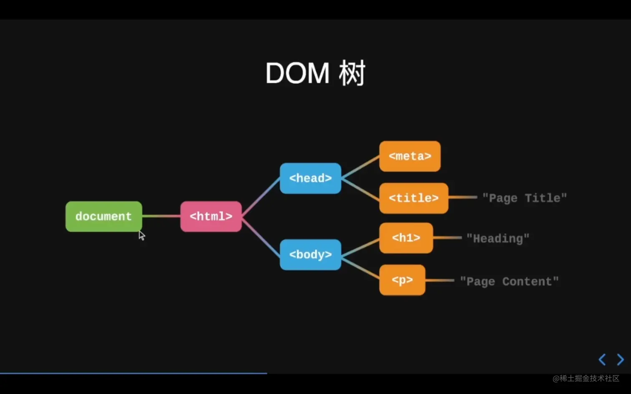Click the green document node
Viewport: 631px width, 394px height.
(x=103, y=216)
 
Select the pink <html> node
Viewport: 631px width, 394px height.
(x=211, y=216)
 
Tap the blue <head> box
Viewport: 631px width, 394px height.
(x=310, y=178)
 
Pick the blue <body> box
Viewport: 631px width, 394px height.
(x=310, y=254)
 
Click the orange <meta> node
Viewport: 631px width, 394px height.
(x=410, y=156)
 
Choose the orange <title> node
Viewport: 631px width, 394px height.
(x=414, y=198)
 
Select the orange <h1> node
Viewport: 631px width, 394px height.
(x=406, y=238)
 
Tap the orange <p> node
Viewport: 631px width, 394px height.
(x=402, y=280)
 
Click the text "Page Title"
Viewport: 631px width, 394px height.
(x=525, y=198)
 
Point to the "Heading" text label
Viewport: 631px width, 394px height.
(x=498, y=238)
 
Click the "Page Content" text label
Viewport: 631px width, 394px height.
(x=509, y=281)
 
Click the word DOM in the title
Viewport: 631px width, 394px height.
(x=298, y=73)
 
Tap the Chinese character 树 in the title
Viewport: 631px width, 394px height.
(x=352, y=73)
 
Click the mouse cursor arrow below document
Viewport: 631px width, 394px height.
(x=141, y=236)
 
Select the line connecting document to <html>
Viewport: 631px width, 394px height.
(x=161, y=216)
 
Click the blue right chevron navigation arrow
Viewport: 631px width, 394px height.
(x=621, y=359)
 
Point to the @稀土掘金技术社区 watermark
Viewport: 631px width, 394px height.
(x=586, y=378)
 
